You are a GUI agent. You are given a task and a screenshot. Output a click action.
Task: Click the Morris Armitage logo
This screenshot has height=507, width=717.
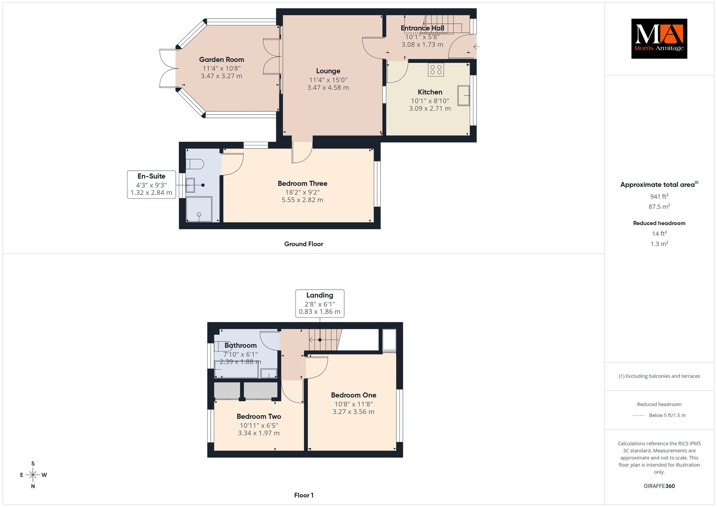tap(659, 39)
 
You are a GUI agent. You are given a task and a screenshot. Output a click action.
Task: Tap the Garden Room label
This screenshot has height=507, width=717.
tap(222, 60)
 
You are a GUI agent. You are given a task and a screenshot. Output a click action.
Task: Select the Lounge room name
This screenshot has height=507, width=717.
tap(328, 71)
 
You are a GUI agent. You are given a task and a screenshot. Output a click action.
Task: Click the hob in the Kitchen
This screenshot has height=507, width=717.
tap(436, 70)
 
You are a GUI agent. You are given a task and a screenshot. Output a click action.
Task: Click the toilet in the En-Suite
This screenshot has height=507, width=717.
tap(195, 164)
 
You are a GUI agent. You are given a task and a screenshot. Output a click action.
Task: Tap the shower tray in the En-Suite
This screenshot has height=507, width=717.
tap(199, 209)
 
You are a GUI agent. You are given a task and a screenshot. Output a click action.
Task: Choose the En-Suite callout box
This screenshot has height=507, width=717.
tap(151, 185)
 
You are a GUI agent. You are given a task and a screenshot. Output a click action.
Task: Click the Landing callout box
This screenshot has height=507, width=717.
tap(320, 304)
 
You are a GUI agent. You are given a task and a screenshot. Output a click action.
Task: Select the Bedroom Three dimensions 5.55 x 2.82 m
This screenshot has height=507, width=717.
tap(302, 200)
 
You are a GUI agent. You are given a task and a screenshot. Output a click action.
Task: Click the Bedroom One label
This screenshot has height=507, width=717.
tap(354, 395)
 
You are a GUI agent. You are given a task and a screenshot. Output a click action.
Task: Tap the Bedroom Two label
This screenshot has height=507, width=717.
tap(259, 417)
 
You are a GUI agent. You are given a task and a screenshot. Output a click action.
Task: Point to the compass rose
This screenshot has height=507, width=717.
tap(33, 475)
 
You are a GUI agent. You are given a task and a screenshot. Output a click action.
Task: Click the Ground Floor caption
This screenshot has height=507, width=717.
tap(304, 244)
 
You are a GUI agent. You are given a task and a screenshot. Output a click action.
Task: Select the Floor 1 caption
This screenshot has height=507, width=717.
tap(304, 495)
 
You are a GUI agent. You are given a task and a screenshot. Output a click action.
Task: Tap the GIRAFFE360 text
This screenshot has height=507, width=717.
tap(659, 486)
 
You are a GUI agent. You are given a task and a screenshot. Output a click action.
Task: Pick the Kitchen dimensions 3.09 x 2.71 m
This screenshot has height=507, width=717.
tap(430, 109)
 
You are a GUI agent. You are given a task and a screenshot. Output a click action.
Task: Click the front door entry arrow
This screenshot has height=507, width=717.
tap(476, 46)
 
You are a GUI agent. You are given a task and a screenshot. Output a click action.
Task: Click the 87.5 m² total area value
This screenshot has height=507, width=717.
tap(659, 207)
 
